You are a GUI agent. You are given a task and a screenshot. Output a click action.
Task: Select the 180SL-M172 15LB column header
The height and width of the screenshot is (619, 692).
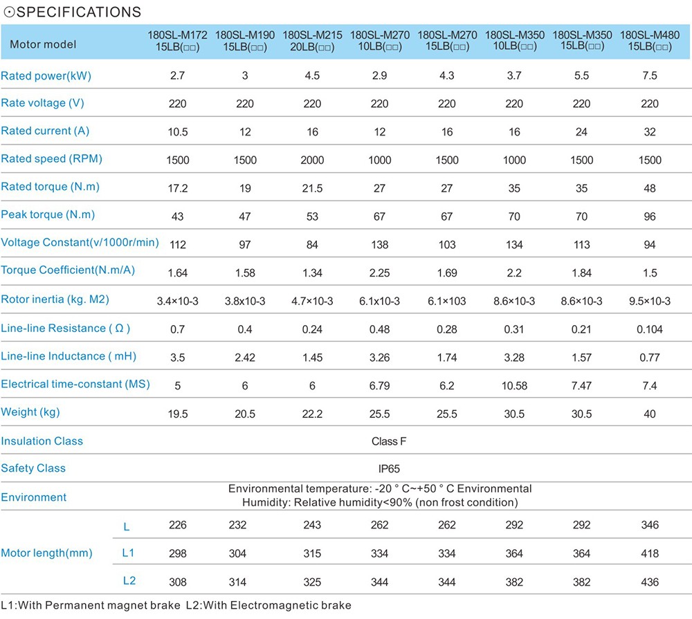pos(177,41)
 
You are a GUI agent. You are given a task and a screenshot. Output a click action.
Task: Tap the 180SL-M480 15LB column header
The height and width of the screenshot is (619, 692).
pos(650,41)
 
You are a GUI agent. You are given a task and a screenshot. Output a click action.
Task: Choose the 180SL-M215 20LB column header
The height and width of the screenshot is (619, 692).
pos(312,41)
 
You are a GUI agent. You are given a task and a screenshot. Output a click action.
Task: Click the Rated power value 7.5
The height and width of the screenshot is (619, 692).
pos(650,75)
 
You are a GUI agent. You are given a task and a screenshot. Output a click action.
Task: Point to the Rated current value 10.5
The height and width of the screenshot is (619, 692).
pos(178,132)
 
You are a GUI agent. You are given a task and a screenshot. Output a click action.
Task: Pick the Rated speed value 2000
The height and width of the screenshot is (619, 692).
pos(312,160)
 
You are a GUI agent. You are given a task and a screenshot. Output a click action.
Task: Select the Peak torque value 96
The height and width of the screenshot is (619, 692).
pos(650,216)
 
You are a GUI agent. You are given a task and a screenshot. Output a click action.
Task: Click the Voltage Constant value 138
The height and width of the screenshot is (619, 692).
pos(379,245)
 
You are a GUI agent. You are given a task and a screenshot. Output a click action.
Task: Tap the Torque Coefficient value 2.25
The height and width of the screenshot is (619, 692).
pos(379,273)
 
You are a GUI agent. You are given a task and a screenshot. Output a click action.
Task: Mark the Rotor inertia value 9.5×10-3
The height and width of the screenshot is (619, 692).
pos(650,302)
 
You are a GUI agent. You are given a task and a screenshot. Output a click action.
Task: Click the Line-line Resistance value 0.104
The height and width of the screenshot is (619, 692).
pos(650,330)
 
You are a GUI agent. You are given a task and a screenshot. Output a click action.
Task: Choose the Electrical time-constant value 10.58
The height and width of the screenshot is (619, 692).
pos(514,386)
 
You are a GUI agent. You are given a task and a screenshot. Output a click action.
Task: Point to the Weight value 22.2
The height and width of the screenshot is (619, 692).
pos(312,414)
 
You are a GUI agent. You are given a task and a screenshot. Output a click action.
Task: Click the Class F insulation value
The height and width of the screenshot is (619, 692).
pos(389,442)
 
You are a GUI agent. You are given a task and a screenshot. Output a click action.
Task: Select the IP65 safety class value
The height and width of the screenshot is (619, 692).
pos(389,469)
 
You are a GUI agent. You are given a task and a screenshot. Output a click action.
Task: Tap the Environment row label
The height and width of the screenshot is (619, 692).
pos(33,497)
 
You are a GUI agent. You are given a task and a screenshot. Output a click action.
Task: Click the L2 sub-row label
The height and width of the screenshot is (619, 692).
pos(129,581)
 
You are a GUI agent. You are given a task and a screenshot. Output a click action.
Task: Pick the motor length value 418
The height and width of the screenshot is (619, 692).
pos(650,553)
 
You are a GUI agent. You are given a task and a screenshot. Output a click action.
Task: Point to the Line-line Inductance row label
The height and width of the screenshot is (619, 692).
pos(69,356)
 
